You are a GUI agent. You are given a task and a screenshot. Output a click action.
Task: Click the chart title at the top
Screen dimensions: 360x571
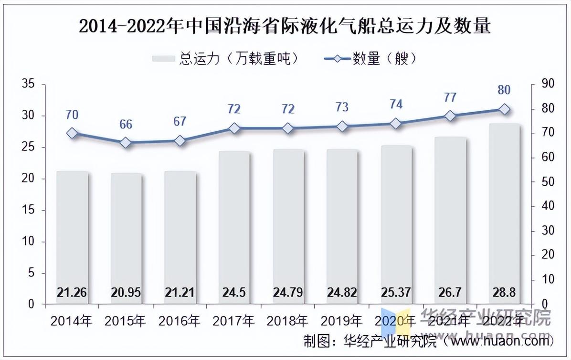tap(285, 26)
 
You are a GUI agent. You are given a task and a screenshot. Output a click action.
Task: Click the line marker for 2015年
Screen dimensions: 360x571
tap(126, 143)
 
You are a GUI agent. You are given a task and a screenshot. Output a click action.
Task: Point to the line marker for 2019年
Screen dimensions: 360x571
tap(342, 127)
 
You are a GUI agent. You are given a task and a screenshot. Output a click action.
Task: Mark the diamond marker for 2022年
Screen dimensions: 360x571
tap(504, 109)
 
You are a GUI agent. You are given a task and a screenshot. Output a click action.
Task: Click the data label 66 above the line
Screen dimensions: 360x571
tap(126, 125)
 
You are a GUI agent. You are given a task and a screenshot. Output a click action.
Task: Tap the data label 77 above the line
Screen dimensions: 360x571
tap(450, 98)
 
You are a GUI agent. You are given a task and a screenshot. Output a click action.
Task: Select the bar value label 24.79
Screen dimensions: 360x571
tap(288, 292)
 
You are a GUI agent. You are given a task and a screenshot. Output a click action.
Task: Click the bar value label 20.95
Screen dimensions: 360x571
tap(126, 292)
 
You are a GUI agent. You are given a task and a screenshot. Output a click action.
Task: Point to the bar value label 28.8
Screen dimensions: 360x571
tap(504, 292)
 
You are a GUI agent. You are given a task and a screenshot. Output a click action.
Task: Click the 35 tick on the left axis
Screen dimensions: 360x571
tap(30, 85)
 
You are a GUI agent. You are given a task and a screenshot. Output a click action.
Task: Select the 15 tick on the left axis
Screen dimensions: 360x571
tap(30, 210)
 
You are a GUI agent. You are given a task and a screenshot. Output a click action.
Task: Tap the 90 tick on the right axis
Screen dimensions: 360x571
tap(544, 85)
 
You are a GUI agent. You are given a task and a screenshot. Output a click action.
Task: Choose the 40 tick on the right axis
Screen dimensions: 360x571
tap(544, 206)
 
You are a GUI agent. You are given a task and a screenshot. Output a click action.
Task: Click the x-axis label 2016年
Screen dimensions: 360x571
tap(180, 321)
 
